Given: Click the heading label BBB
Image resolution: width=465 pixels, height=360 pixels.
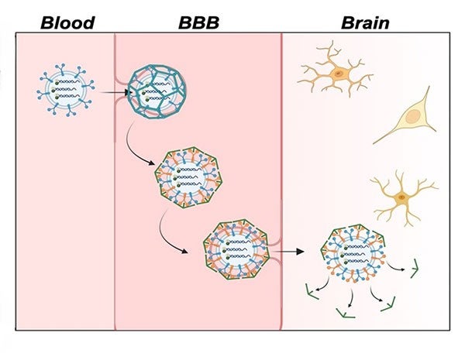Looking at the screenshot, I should coord(198,21).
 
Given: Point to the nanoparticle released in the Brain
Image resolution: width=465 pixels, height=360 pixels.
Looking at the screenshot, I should coord(353,254).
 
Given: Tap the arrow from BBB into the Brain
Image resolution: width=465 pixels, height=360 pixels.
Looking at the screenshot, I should coord(288,251).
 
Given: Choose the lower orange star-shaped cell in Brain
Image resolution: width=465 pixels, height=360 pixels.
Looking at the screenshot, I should coord(401,198).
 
